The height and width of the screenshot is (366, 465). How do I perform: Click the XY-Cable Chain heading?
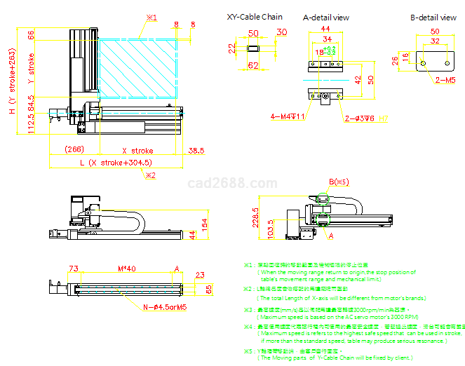click(x=255, y=17)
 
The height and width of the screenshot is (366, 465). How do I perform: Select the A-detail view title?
click(x=326, y=17)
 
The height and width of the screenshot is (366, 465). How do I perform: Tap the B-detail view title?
click(x=433, y=17)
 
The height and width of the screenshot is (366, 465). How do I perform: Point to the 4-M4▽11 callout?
click(x=288, y=116)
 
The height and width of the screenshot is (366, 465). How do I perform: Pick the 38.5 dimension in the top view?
click(x=196, y=150)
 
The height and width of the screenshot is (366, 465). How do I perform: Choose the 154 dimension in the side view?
click(x=204, y=224)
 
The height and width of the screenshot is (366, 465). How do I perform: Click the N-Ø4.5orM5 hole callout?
click(x=164, y=307)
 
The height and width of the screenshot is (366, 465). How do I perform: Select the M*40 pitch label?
click(x=126, y=269)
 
